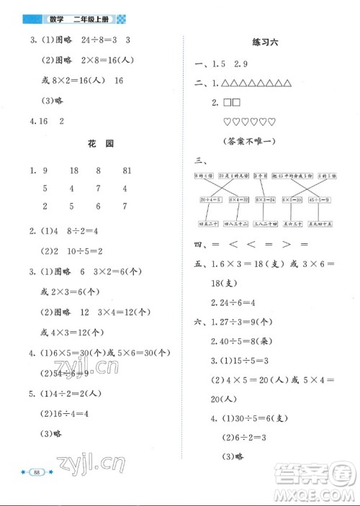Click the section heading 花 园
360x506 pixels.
[x=96, y=144]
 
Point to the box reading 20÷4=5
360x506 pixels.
[x=210, y=199]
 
